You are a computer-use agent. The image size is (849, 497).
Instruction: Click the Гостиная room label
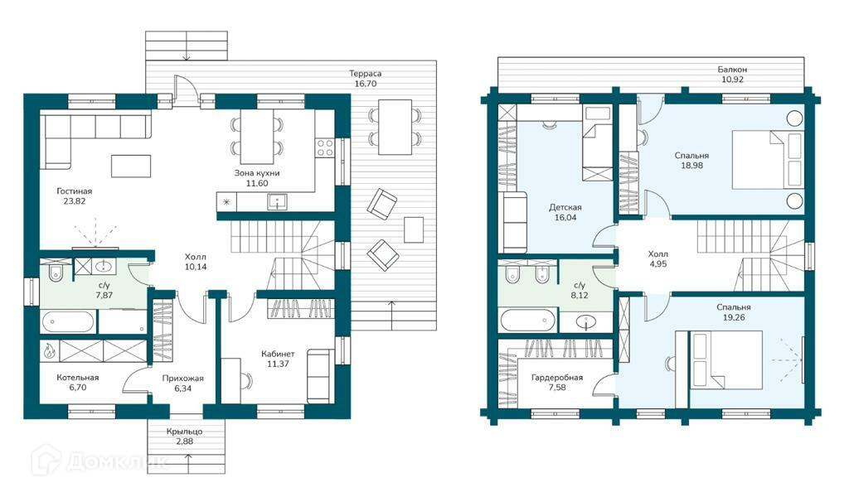(74, 191)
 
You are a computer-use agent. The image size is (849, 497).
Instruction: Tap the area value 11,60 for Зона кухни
(257, 183)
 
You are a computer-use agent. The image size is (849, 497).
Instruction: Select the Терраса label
(366, 74)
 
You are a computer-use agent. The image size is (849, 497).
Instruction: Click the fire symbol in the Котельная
(49, 350)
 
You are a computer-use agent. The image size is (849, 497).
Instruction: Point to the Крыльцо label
(184, 432)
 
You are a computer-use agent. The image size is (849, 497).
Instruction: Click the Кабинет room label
(278, 354)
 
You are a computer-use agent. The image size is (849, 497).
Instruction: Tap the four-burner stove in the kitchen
(325, 147)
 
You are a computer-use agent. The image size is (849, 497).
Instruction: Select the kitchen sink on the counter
(277, 202)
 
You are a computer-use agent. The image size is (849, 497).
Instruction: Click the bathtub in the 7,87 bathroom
(68, 321)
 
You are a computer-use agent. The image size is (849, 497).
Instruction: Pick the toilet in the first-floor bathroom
(56, 273)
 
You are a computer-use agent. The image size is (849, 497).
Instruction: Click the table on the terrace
(395, 127)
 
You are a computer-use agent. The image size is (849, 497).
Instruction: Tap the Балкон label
(732, 70)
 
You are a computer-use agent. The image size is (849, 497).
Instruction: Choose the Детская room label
(565, 207)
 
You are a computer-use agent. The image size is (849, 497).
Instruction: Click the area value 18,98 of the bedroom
(692, 166)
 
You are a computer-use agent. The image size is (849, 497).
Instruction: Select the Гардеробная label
(557, 378)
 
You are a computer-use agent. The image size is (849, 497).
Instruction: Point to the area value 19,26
(734, 317)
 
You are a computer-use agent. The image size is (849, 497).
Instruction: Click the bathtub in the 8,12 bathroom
(528, 321)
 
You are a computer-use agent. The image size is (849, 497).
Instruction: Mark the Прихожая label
(183, 378)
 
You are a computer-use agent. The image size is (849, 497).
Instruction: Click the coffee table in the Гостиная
(131, 166)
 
